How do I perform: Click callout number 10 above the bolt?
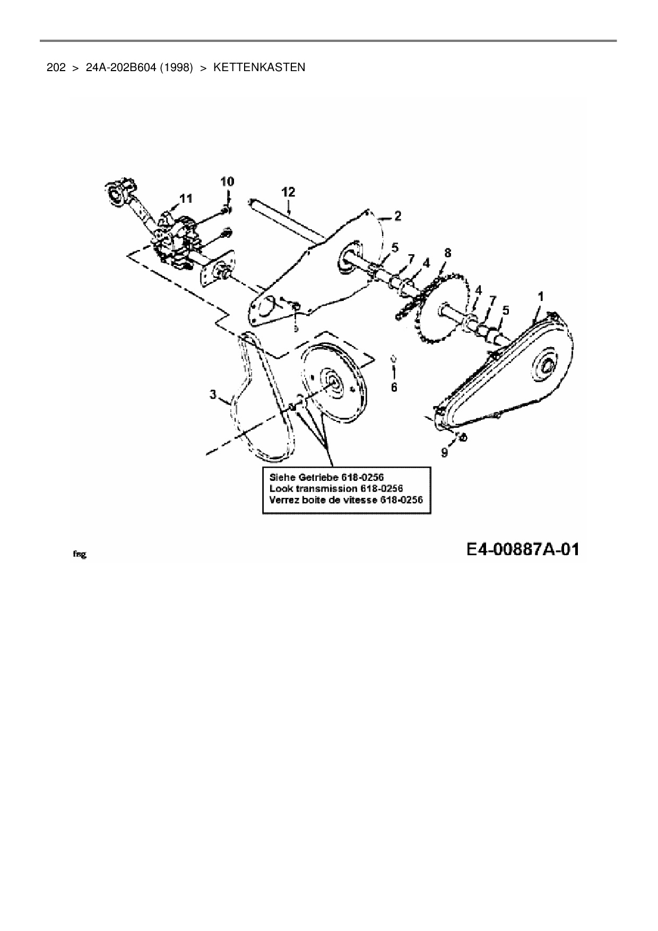tap(227, 182)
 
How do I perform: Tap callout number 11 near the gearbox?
tap(186, 199)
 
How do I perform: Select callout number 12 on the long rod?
tap(288, 192)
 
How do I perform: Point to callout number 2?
tap(397, 216)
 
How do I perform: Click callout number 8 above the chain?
tap(448, 253)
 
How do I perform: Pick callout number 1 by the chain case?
tap(541, 297)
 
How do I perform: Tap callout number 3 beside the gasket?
tap(213, 394)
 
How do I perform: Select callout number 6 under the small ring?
tap(394, 388)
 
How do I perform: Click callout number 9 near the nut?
tap(445, 452)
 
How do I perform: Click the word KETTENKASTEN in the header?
tap(259, 67)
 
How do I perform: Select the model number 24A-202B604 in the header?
tap(120, 67)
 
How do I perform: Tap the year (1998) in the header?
tap(175, 67)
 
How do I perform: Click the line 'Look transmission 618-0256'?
tap(336, 488)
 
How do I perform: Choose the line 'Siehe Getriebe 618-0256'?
tap(326, 477)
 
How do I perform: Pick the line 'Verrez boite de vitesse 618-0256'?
tap(346, 500)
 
